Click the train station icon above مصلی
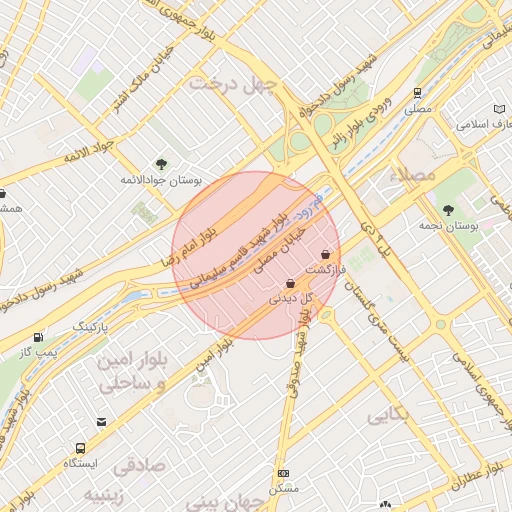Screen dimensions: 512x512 tap(418, 91)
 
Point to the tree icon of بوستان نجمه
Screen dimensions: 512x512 tap(448, 210)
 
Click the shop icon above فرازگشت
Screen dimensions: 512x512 tap(326, 254)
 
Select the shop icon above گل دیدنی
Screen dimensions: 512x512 tap(290, 283)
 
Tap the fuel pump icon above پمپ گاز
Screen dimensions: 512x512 tap(38, 337)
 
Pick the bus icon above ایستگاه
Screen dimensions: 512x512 tap(80, 449)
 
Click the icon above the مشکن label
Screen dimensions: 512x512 tap(284, 473)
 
